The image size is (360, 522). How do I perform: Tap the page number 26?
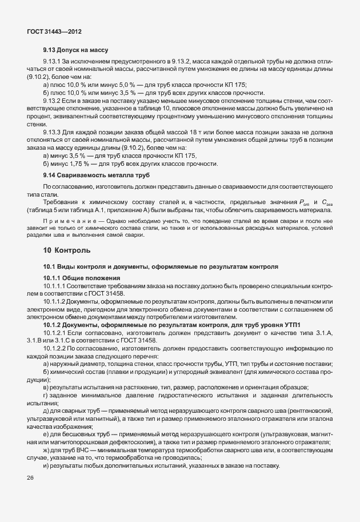30,478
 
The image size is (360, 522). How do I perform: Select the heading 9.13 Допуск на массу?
75,51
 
